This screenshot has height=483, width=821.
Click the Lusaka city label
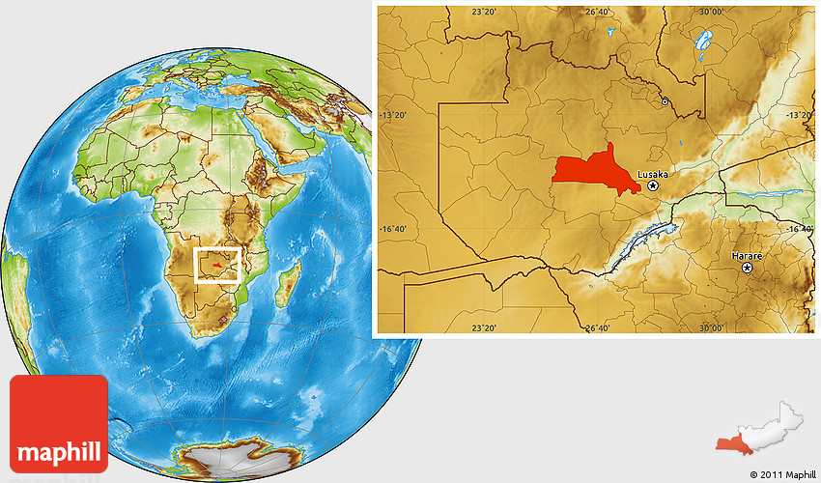coord(653,174)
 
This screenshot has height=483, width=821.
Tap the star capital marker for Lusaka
coord(654,185)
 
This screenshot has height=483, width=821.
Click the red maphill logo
coord(58,423)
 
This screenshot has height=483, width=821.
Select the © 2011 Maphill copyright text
coord(781,474)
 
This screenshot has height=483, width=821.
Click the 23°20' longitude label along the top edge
coord(484,12)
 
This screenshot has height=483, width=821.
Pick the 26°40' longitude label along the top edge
coord(598,12)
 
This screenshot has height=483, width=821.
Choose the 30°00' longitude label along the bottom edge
coord(712,328)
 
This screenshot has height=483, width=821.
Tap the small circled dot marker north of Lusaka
coord(665,100)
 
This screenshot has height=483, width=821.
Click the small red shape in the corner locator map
coord(735,442)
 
